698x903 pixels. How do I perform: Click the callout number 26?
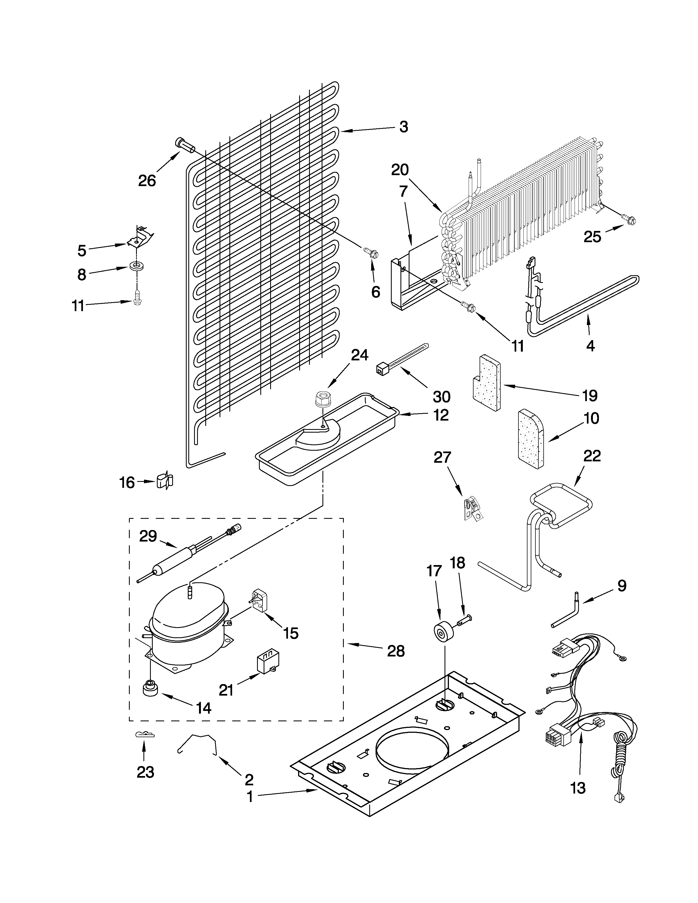147,181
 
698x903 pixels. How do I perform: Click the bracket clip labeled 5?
141,237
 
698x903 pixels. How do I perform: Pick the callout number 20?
400,170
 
